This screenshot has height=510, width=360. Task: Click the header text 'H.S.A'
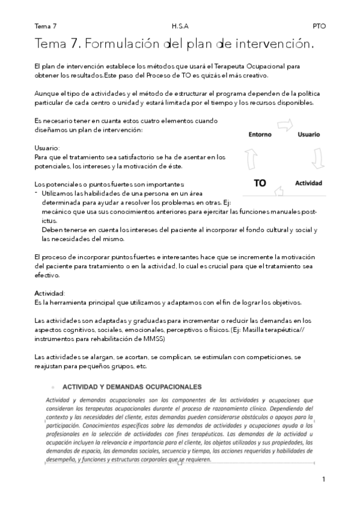179,26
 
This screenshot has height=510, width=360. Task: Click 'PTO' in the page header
319,26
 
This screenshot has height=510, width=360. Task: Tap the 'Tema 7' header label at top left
46,26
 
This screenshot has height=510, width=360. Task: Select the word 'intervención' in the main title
273,44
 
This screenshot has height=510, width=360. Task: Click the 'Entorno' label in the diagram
260,135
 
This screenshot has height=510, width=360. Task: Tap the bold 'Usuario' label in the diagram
308,134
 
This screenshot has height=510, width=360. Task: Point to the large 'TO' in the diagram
260,183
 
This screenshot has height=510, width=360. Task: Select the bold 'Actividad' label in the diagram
308,182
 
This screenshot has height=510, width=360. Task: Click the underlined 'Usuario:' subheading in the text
47,147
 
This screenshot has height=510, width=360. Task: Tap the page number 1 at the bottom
323,479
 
